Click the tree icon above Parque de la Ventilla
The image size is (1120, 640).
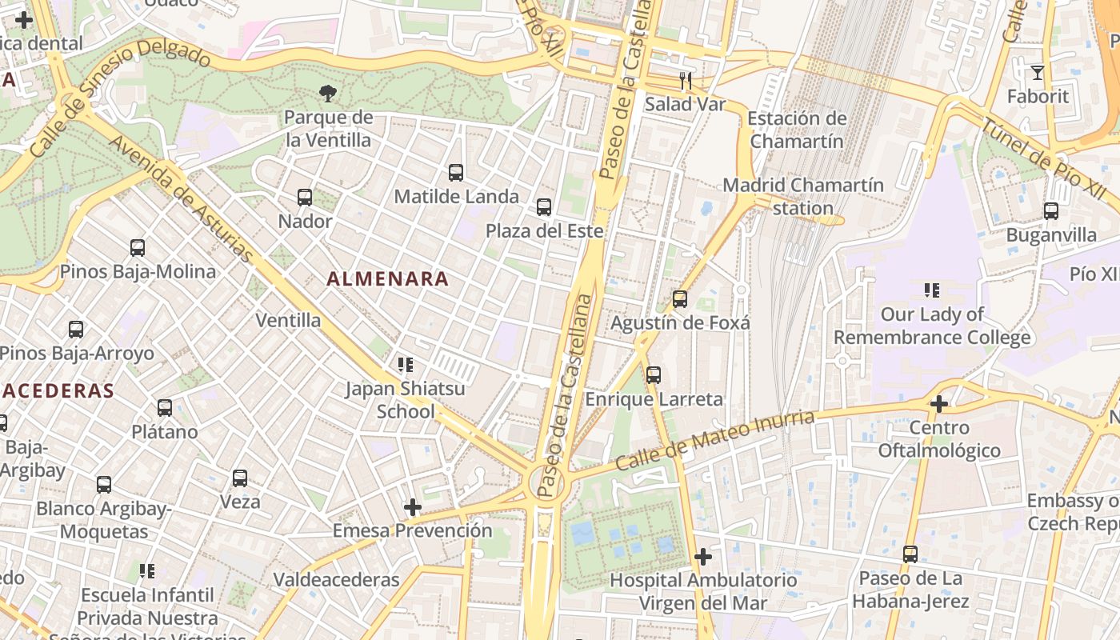[327, 94]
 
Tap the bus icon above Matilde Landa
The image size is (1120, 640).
[456, 172]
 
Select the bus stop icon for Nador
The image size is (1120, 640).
[305, 197]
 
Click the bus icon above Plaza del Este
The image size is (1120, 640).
[544, 207]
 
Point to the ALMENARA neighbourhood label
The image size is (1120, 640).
[387, 279]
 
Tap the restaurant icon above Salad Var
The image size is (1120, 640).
[685, 80]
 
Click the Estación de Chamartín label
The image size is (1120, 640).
[796, 130]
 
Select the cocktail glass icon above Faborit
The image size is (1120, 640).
[1038, 73]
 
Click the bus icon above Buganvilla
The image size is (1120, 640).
[1051, 211]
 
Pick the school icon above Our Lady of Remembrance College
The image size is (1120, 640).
[931, 290]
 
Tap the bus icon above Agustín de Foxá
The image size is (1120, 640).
[680, 299]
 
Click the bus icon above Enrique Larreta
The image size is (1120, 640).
[654, 374]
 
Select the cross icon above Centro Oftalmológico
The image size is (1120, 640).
[939, 404]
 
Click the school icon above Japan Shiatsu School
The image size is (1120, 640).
[406, 365]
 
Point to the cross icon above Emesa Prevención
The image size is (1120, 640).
[413, 507]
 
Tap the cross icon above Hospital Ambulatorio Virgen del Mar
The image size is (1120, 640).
[703, 556]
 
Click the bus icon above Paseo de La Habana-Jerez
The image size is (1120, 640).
[910, 554]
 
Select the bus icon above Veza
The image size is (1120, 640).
[240, 478]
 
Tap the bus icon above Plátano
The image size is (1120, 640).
[165, 408]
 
